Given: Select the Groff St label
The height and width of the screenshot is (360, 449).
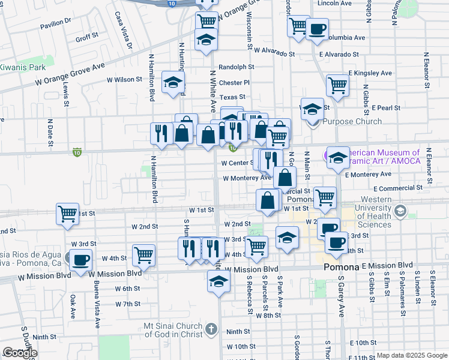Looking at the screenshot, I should pos(86,37).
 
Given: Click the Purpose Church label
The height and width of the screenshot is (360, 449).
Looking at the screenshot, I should pos(352,121).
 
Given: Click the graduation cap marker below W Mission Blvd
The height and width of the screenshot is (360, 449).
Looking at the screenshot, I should pos(218,281).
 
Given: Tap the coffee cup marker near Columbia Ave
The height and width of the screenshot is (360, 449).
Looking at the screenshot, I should pos(317,28).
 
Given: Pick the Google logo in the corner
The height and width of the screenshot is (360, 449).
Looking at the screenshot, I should pos(20,353).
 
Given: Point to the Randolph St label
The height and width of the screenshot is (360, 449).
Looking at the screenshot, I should pos(237,67).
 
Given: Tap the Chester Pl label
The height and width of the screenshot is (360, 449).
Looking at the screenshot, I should pos(234,83).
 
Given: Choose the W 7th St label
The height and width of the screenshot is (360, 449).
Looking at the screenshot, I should pos(127,304).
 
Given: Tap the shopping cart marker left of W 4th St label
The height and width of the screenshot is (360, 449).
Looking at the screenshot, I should pos(144,255).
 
